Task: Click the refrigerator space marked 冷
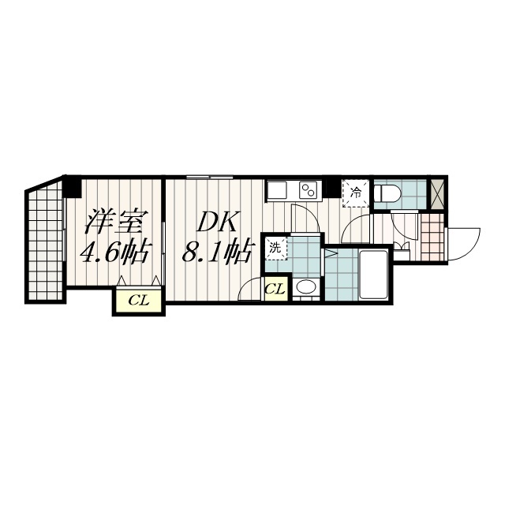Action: (x=356, y=193)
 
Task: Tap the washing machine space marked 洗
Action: (x=275, y=249)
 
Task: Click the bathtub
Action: (x=373, y=275)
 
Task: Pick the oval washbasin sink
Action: (x=306, y=287)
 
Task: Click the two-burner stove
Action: (x=309, y=190)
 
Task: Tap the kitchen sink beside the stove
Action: (x=277, y=190)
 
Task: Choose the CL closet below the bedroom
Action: (x=139, y=301)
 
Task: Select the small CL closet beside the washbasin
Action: (x=275, y=289)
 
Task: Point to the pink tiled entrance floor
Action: (x=432, y=237)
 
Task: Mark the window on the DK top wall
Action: (x=210, y=177)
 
